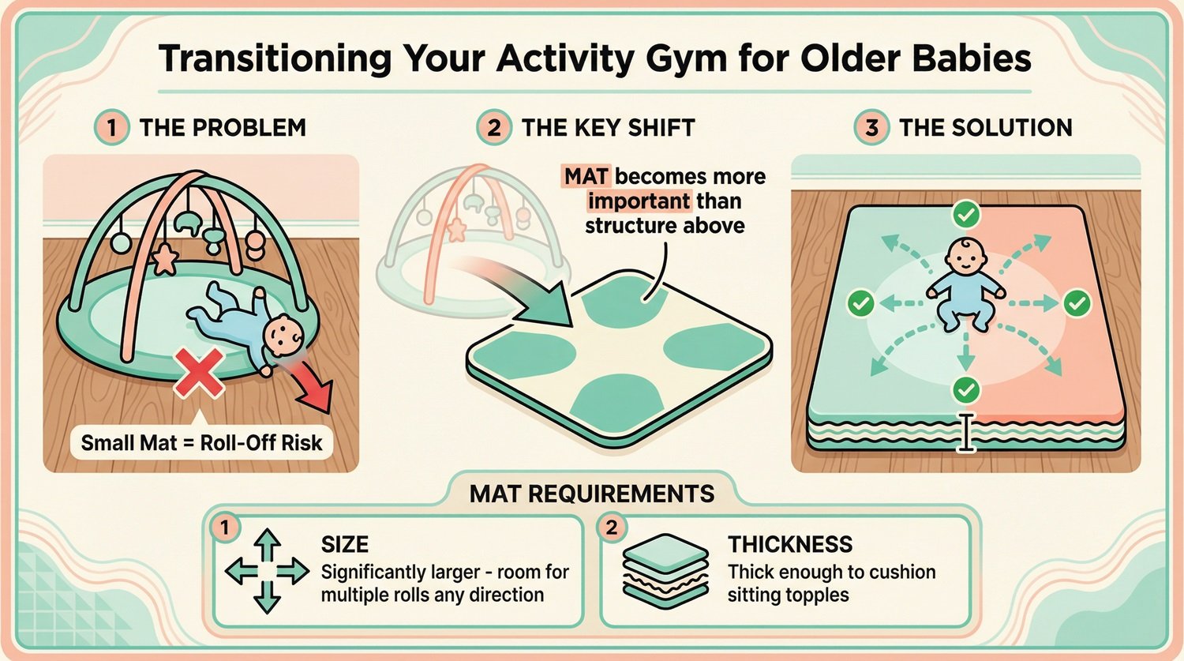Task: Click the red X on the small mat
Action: (x=197, y=374)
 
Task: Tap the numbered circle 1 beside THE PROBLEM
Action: (x=112, y=127)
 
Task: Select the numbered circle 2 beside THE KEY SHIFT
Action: (x=494, y=127)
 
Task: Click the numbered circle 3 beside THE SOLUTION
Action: (x=871, y=127)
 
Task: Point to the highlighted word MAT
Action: (x=586, y=176)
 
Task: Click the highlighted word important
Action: (x=639, y=201)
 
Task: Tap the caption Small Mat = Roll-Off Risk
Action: (x=201, y=442)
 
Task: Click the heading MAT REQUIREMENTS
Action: (x=592, y=494)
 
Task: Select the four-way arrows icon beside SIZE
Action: (x=267, y=571)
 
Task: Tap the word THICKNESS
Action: (x=790, y=544)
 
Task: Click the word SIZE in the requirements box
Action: (x=345, y=544)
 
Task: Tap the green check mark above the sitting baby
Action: (x=966, y=214)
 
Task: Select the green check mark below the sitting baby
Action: (x=966, y=389)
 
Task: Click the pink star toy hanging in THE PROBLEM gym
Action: (x=163, y=258)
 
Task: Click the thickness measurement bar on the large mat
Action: (x=966, y=433)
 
